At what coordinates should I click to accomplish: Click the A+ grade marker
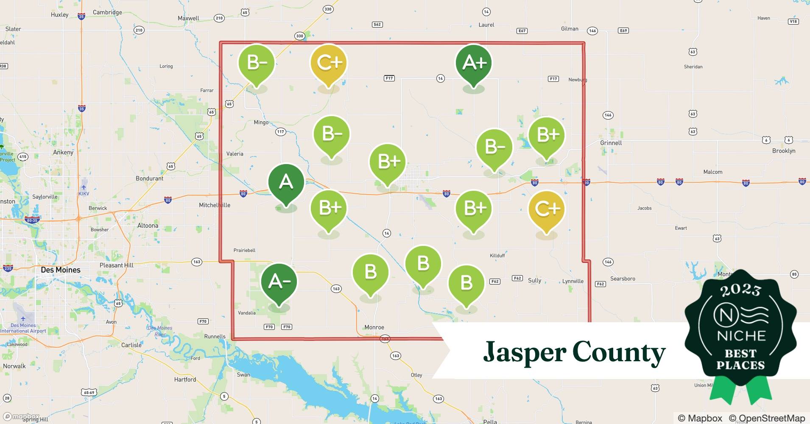pyautogui.click(x=474, y=63)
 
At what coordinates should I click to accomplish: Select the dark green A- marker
pyautogui.click(x=279, y=282)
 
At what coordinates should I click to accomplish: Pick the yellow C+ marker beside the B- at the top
pyautogui.click(x=329, y=63)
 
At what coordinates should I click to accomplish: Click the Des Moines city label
pyautogui.click(x=61, y=270)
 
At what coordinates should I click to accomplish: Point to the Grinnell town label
pyautogui.click(x=611, y=143)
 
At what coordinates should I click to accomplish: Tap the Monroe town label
pyautogui.click(x=374, y=327)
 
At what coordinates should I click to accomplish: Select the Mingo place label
pyautogui.click(x=261, y=122)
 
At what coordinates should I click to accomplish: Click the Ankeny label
pyautogui.click(x=63, y=152)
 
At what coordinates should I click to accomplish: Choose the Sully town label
pyautogui.click(x=534, y=280)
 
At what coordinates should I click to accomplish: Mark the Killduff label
pyautogui.click(x=497, y=256)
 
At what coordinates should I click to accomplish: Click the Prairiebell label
pyautogui.click(x=244, y=250)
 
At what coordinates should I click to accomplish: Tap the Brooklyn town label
pyautogui.click(x=783, y=151)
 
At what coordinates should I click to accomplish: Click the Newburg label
pyautogui.click(x=578, y=80)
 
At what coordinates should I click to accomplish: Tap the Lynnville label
pyautogui.click(x=573, y=281)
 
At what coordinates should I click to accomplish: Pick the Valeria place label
pyautogui.click(x=235, y=154)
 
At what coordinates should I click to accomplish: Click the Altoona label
pyautogui.click(x=148, y=226)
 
